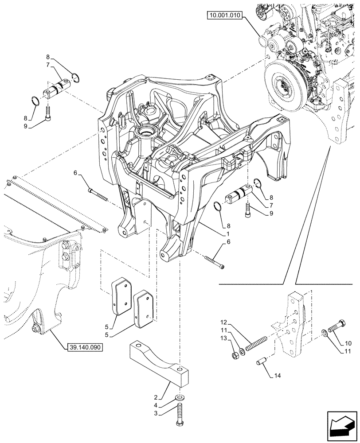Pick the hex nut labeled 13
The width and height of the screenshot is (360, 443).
click(235, 354)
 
